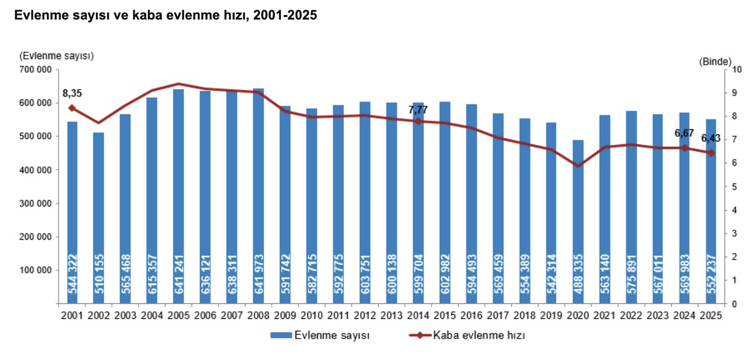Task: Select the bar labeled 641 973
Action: [x=258, y=196]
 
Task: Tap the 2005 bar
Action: [x=178, y=196]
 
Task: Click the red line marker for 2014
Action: [x=418, y=121]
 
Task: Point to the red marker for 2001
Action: [x=72, y=108]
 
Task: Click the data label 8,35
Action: [x=72, y=93]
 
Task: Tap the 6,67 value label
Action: [x=684, y=133]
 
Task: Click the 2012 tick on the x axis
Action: [x=365, y=316]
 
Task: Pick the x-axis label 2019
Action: [x=551, y=316]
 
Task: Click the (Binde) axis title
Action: [x=715, y=61]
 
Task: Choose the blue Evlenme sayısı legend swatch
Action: [x=280, y=335]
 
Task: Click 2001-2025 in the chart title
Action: [x=283, y=16]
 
